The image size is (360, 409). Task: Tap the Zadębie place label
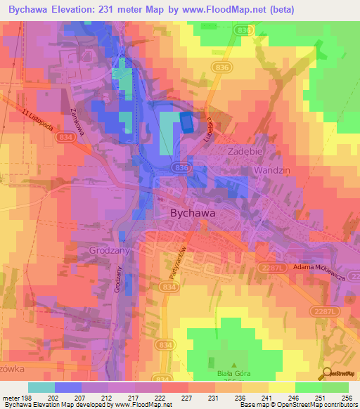coord(245,151)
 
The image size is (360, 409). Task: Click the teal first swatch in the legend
coord(41,387)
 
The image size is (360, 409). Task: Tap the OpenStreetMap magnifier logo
coord(326,374)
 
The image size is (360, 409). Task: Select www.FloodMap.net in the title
coord(226,9)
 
